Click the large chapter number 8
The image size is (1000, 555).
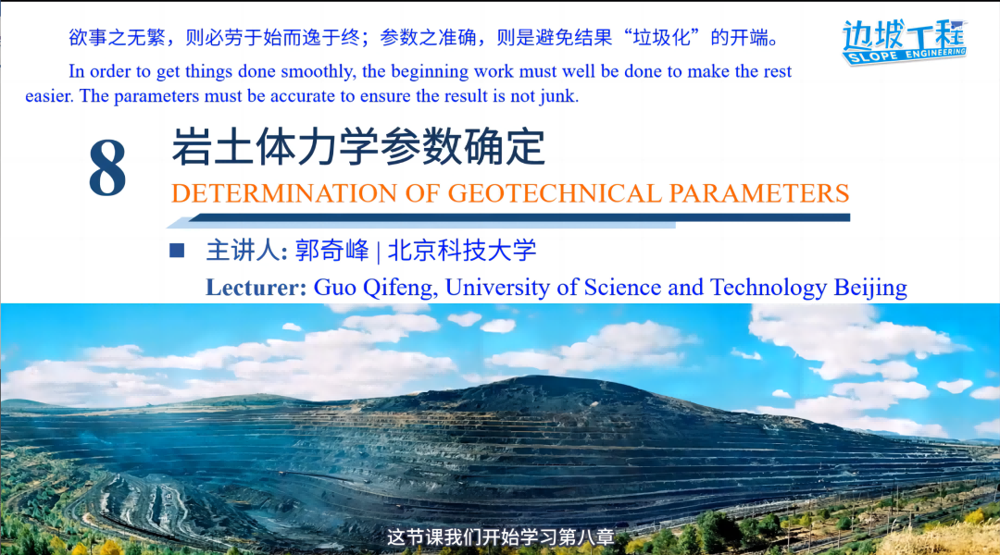(x=107, y=168)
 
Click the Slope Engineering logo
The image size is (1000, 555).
(x=905, y=42)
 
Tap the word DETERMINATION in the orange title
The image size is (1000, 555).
(x=284, y=193)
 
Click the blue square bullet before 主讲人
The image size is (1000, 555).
(x=177, y=251)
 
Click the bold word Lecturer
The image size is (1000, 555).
(x=256, y=288)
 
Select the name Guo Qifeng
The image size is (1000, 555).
(x=375, y=288)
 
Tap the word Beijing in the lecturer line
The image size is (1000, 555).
(x=870, y=289)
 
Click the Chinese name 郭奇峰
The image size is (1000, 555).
(x=332, y=251)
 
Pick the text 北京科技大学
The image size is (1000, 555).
(x=462, y=251)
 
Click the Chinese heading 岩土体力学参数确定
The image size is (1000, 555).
(x=358, y=146)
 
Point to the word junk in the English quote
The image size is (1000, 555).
(x=558, y=97)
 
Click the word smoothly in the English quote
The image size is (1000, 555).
(x=319, y=72)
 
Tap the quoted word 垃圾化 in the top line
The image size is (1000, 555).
(x=661, y=38)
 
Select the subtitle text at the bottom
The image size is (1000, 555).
(x=500, y=537)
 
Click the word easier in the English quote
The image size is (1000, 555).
(x=49, y=96)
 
